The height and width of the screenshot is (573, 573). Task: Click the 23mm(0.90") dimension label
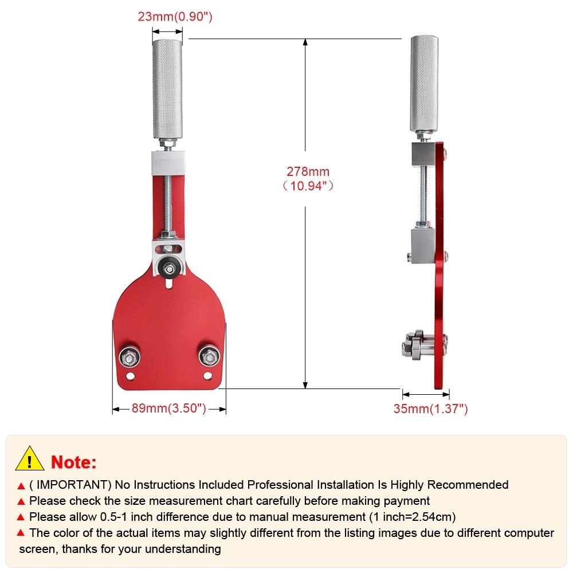pos(175,17)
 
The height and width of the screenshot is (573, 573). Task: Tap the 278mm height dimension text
pos(308,179)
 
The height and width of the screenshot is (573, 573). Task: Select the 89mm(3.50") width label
pos(169,408)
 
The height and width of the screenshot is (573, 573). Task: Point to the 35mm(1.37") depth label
pos(430,409)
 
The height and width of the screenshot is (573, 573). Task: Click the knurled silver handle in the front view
pos(167,89)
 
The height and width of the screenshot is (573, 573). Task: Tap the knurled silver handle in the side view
pos(424,84)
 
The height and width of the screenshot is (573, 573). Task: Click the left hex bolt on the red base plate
pos(129,357)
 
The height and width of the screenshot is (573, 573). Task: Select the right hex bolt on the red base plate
pos(209,356)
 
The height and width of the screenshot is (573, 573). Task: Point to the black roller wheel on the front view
pos(169,269)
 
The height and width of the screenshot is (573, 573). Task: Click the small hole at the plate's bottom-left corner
pos(130,376)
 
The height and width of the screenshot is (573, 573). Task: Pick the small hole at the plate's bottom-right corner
pos(207,375)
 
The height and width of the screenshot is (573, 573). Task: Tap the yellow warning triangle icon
pos(30,458)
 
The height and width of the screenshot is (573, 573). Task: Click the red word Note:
pos(73,462)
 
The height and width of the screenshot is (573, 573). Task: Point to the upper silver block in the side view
pos(423,154)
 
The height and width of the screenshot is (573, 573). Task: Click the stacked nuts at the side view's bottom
pos(417,345)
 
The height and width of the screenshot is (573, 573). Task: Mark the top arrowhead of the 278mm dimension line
pos(305,42)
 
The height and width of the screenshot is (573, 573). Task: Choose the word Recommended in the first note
pos(468,485)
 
